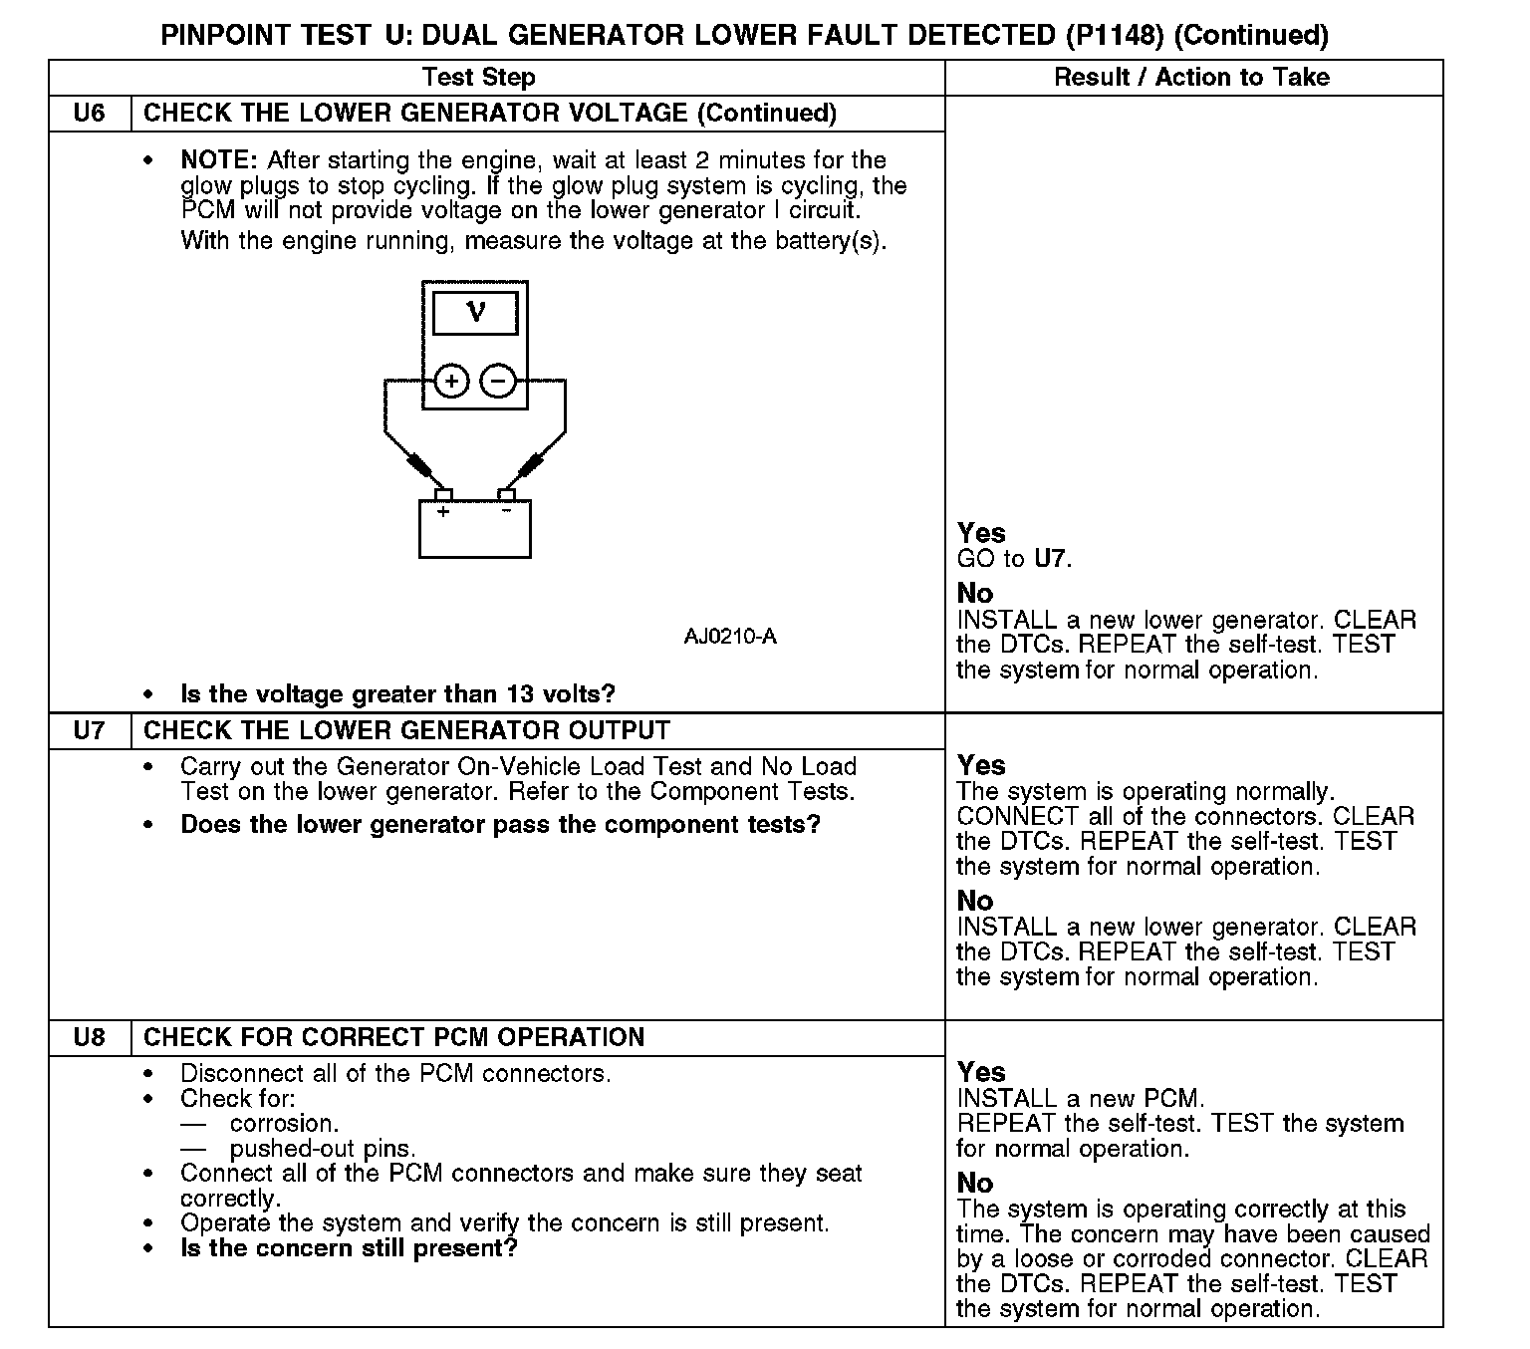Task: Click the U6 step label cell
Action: point(90,114)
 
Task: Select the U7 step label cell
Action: point(90,731)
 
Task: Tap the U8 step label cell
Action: point(90,1038)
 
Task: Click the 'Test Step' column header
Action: point(478,78)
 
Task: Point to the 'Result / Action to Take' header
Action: point(1191,78)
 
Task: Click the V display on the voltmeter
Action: point(475,313)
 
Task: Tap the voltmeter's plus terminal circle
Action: point(451,381)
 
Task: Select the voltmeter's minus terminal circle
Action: point(499,381)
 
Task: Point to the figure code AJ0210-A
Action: point(730,637)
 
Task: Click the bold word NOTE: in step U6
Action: point(220,160)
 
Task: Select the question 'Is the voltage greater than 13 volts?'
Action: point(397,693)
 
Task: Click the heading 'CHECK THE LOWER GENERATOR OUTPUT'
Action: point(406,731)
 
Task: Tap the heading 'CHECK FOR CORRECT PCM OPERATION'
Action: point(393,1038)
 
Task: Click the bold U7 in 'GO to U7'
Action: point(1050,559)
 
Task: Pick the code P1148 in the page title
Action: point(1115,36)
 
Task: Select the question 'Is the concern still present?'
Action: point(349,1248)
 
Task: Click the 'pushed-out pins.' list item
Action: point(323,1149)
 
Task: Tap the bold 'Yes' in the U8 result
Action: point(981,1072)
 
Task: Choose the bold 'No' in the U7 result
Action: point(975,901)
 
